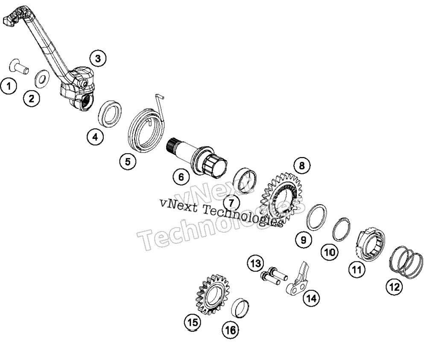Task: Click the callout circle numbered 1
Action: click(9, 86)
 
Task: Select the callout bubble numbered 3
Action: click(98, 58)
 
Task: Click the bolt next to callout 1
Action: click(19, 66)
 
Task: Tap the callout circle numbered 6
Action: click(181, 177)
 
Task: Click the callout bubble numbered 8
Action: click(302, 165)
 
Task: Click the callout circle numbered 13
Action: click(255, 263)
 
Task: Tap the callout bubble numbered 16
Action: click(231, 330)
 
